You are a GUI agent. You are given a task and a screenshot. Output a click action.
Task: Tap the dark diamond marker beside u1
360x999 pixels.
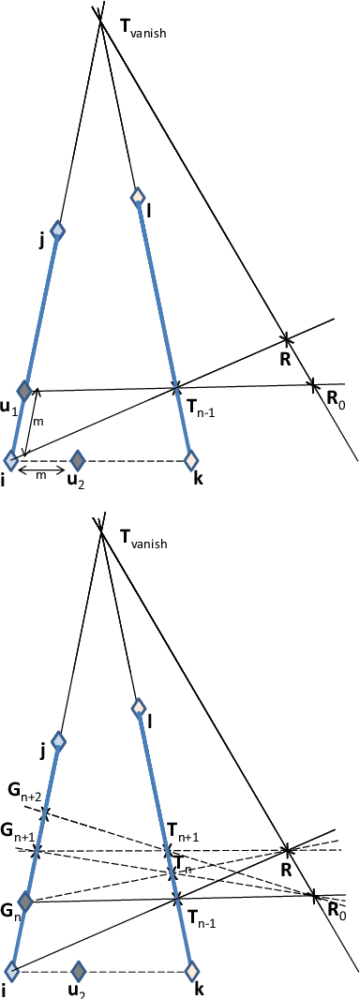[25, 391]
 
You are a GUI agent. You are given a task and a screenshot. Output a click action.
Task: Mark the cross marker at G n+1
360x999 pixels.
[37, 851]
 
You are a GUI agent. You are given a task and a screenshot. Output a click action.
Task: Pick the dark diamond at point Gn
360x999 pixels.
[25, 902]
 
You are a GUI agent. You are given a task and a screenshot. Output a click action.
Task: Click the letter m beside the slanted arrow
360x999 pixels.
[38, 423]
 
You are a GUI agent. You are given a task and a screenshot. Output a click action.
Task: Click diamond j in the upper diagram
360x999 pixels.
[58, 230]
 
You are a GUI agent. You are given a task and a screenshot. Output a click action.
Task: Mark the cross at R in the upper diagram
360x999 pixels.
[287, 338]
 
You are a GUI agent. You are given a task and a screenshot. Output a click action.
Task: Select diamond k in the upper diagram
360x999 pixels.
[191, 460]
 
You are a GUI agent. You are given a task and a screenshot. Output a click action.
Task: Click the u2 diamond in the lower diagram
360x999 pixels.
[79, 970]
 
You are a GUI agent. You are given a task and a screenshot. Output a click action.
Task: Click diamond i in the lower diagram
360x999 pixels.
[11, 970]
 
